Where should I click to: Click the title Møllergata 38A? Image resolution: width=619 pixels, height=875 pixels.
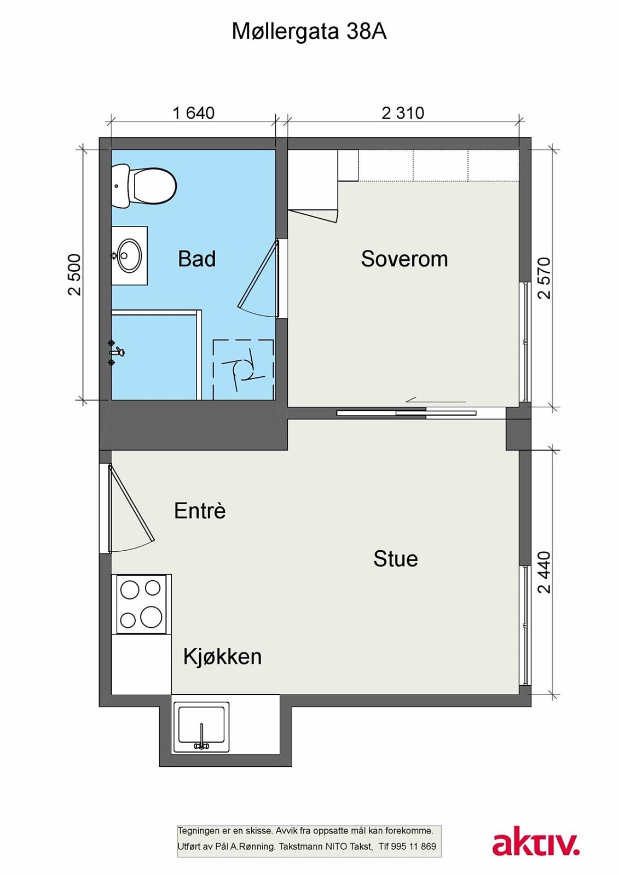point(309,32)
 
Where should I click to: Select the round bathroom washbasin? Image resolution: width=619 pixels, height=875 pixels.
point(130,255)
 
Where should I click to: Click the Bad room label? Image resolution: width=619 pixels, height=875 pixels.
point(197,259)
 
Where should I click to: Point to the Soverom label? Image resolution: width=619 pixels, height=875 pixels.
point(404,259)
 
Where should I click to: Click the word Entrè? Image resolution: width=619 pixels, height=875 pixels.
point(200,511)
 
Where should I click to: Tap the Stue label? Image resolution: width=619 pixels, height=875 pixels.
point(395,559)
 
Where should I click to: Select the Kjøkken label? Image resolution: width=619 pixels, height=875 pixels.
point(222,656)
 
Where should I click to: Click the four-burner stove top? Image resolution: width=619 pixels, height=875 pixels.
point(141,604)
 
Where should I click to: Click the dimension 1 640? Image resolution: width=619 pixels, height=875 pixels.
point(193,113)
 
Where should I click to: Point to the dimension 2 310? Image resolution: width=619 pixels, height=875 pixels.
point(403,113)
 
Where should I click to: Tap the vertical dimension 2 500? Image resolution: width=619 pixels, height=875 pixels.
point(74,275)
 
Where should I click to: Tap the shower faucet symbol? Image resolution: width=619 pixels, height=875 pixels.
point(116,352)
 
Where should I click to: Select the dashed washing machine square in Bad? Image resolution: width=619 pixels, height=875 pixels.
point(243,369)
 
